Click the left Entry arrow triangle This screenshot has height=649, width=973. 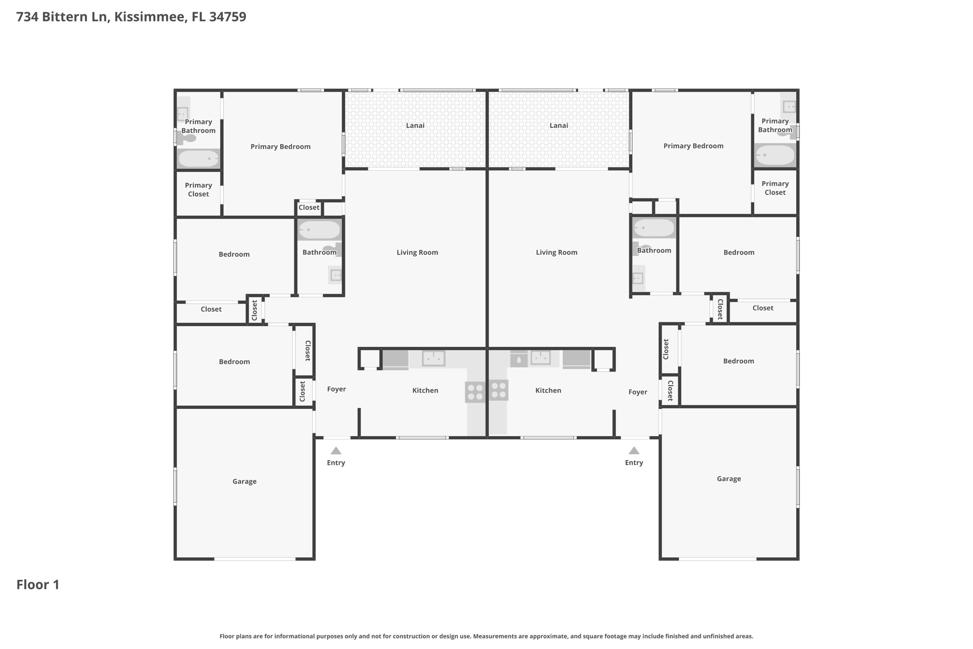tap(336, 451)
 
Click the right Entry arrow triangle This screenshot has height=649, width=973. tap(634, 451)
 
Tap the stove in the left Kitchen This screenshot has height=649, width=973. tap(475, 392)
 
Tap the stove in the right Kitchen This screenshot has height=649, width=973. tap(498, 390)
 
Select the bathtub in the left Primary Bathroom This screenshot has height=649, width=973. tap(199, 158)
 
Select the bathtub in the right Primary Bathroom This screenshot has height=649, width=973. tap(775, 155)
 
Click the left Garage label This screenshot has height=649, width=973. tap(244, 481)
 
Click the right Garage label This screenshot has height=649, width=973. tap(728, 478)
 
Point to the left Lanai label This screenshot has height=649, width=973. tap(415, 126)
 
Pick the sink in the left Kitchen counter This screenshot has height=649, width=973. tap(433, 358)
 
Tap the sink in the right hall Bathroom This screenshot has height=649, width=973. tap(638, 278)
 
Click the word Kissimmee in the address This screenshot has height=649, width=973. tap(150, 17)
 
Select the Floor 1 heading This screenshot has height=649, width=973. tap(38, 584)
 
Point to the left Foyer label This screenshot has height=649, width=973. tap(336, 389)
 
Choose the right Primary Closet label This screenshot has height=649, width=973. tap(775, 188)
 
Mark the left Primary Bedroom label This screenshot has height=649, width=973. tap(280, 146)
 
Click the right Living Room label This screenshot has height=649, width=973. tap(556, 252)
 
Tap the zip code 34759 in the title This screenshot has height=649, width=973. tap(228, 17)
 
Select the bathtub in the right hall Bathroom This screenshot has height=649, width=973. tap(654, 228)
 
